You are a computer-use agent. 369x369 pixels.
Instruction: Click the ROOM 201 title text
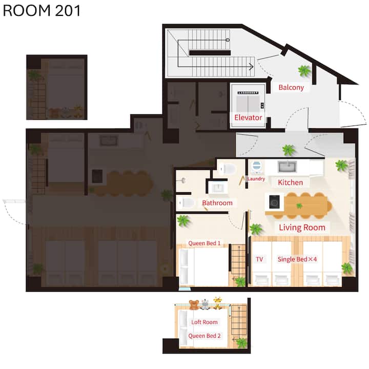42,11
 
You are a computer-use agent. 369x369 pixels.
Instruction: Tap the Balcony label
291,87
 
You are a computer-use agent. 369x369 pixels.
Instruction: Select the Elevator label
248,117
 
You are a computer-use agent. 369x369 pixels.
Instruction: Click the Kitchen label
291,182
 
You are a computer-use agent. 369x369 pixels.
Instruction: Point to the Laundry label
256,179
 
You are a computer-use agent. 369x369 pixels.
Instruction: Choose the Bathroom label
217,203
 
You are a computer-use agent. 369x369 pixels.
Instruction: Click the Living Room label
302,228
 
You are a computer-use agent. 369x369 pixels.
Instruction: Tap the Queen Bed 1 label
204,243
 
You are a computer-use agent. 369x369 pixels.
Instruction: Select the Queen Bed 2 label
204,336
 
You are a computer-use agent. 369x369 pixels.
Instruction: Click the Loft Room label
204,322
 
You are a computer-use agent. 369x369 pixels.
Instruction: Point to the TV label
259,259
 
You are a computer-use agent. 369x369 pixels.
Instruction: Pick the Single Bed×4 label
297,259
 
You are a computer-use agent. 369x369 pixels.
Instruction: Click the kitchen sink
287,167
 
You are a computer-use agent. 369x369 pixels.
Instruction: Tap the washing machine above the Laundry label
256,167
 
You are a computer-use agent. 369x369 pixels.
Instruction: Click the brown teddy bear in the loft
194,304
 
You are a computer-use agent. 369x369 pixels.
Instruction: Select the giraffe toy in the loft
217,303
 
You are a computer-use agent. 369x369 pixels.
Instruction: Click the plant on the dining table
299,206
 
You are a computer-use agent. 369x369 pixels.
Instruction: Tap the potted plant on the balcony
304,71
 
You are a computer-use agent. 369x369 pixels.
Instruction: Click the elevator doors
248,104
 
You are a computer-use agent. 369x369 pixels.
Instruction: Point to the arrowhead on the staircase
251,67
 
